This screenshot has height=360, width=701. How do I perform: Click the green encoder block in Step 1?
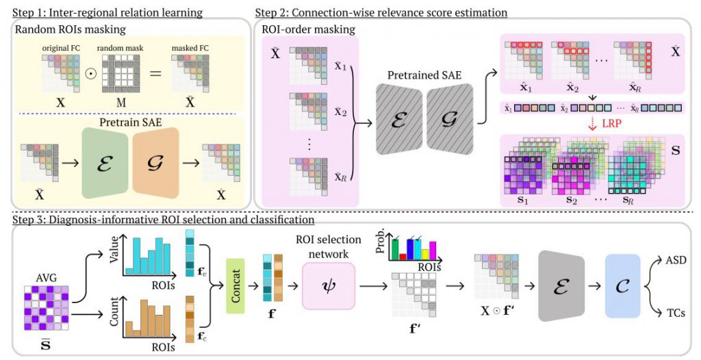104,166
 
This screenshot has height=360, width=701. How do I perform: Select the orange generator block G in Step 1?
157,166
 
